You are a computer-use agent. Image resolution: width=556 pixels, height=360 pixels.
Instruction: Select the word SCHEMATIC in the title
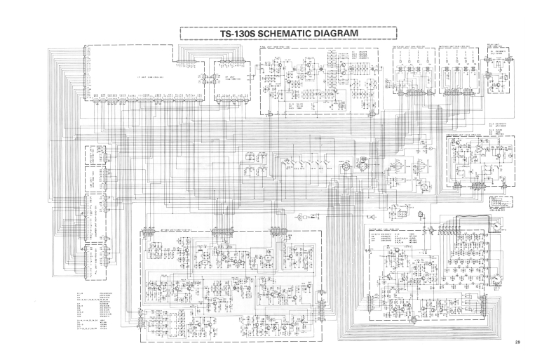(287, 33)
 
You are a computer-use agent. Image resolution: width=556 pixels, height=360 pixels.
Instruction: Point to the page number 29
(517, 342)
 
